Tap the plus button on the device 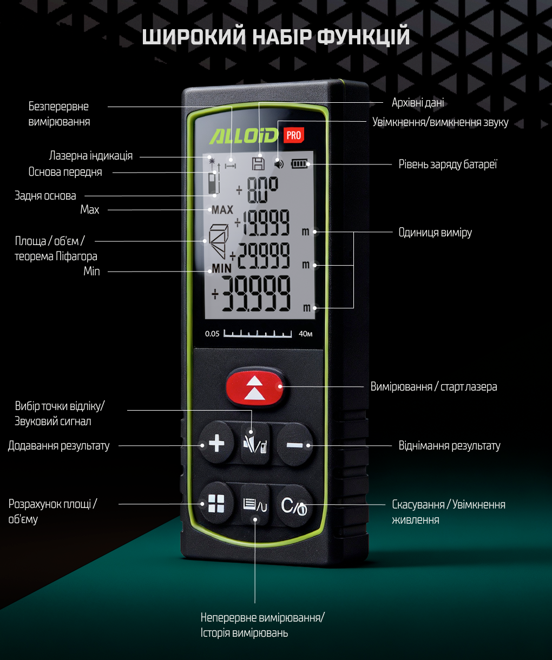pos(216,444)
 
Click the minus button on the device pos(295,445)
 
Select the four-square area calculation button pos(216,504)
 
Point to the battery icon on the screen pos(299,163)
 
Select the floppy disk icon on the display pos(259,163)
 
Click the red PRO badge pos(294,135)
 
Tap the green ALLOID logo pos(244,136)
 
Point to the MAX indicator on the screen pos(222,210)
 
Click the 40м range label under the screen pos(306,334)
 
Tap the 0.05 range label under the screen pos(212,334)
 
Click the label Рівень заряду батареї pos(448,164)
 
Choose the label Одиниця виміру pos(435,233)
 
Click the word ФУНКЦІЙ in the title pos(363,37)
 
